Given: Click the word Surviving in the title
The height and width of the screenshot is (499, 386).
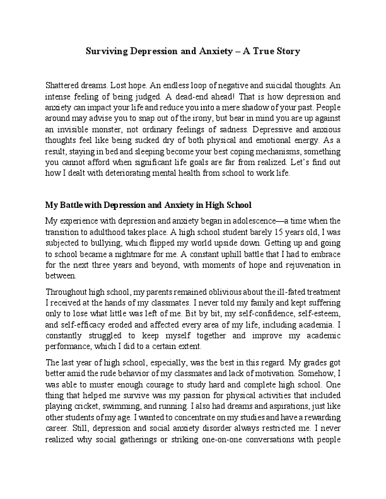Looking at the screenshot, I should [x=108, y=51].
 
